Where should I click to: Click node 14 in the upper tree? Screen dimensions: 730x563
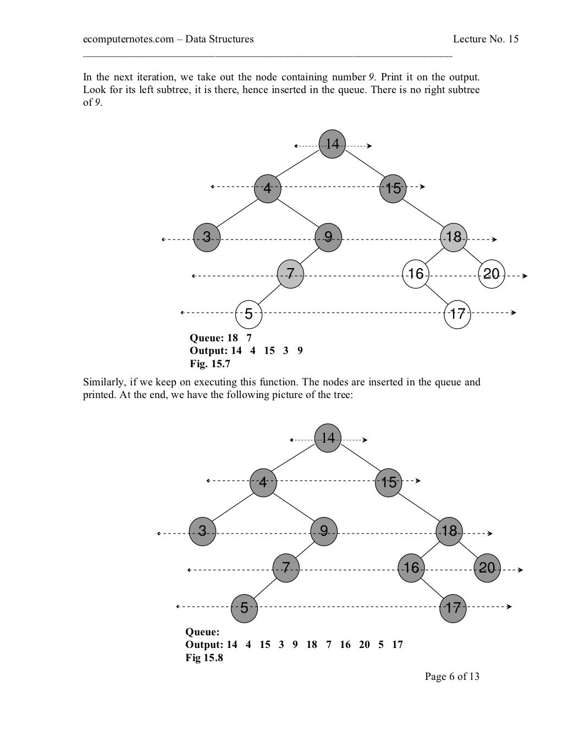pos(332,145)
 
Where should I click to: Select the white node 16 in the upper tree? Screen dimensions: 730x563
pos(416,274)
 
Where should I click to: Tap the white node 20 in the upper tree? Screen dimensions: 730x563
pos(492,274)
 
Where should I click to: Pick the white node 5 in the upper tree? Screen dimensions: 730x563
pos(249,314)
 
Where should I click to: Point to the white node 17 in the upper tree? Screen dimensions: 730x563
pos(457,314)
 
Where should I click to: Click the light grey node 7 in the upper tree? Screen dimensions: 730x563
pos(290,274)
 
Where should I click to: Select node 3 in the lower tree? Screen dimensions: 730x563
pos(202,531)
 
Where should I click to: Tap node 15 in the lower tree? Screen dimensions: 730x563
pos(389,482)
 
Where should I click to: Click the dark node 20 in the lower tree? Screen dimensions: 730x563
pos(487,568)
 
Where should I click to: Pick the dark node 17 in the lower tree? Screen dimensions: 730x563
pos(453,608)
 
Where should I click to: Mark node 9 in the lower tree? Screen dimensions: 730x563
pos(324,531)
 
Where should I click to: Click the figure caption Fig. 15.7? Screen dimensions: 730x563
pos(210,363)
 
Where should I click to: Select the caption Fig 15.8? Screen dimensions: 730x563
pos(205,657)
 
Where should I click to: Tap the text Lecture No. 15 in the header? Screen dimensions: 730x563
pos(485,39)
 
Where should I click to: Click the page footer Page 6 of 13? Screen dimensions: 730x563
pos(452,676)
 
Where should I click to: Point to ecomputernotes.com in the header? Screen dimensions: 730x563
pos(128,39)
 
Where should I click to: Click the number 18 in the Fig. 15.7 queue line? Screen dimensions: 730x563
pos(233,338)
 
